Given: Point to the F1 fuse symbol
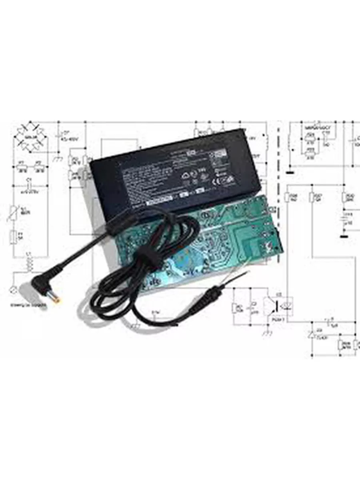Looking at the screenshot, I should pos(13,237).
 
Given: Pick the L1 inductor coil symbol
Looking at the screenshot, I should pos(29,262).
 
